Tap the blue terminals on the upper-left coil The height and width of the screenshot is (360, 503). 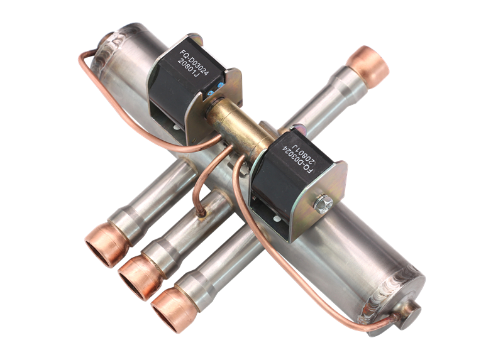tap(215, 90)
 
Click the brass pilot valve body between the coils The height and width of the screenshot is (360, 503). tap(238, 128)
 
